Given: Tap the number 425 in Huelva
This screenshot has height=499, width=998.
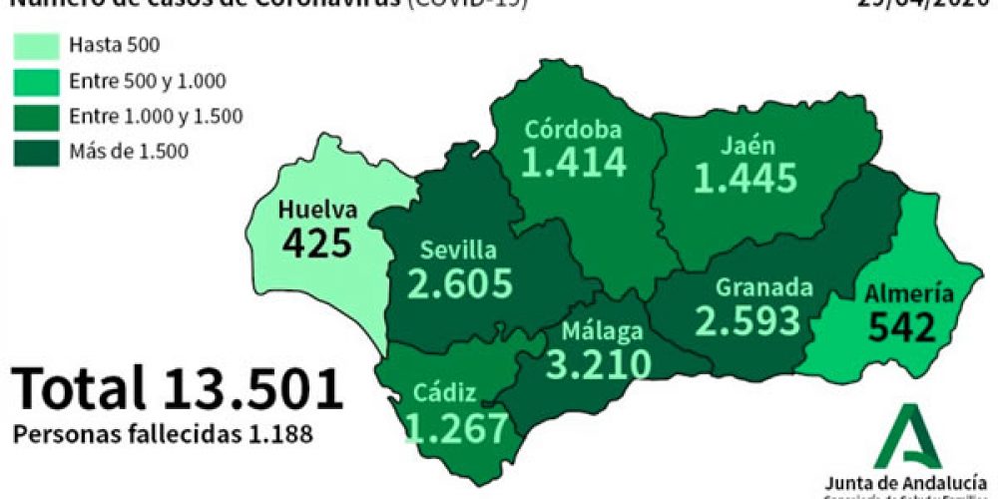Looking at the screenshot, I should [x=317, y=243].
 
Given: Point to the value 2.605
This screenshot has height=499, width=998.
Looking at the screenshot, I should [x=460, y=283].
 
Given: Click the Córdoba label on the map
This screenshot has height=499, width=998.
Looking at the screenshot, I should [x=573, y=130].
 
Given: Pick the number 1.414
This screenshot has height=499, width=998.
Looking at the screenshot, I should [x=574, y=162].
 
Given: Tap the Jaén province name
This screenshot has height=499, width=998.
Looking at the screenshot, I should [x=748, y=145].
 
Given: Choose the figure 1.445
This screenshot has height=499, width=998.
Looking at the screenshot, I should [x=747, y=178].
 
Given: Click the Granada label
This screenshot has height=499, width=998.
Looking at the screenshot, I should [x=763, y=287].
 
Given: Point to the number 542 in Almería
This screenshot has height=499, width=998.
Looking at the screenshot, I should [x=901, y=326].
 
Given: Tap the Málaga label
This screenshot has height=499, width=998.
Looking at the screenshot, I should [x=602, y=331].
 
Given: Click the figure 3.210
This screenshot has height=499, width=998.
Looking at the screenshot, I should [x=599, y=364].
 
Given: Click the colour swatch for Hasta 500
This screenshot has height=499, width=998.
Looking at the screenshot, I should [x=35, y=45].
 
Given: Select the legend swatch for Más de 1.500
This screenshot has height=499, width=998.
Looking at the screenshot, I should [x=35, y=152].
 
